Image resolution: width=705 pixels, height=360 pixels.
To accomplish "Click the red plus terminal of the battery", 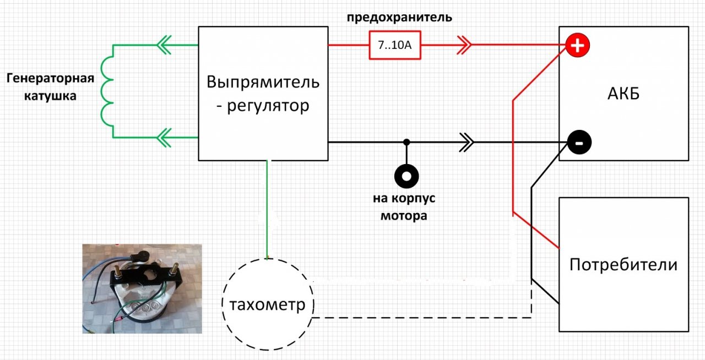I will (x=577, y=46).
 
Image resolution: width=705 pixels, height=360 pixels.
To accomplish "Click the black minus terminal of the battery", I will (x=579, y=143).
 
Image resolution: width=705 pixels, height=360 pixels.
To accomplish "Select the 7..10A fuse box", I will (x=394, y=45).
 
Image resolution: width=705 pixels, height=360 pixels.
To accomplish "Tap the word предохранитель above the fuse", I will (x=399, y=17).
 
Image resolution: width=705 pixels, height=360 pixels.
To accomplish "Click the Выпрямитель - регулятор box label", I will (x=263, y=94).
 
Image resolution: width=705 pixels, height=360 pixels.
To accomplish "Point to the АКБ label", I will (x=623, y=94).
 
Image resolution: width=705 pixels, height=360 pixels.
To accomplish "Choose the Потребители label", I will (x=623, y=265).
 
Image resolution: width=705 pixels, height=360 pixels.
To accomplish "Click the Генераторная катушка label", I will (x=50, y=87).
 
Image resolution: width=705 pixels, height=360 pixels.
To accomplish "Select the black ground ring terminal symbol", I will (x=406, y=176).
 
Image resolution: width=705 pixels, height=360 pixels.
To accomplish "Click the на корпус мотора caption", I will (x=404, y=207).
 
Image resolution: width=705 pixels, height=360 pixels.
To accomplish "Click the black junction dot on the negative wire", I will (x=406, y=143).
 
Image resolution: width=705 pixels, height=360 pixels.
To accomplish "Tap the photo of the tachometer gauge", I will (x=142, y=288).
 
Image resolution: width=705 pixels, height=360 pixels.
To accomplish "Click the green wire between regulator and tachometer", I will (x=268, y=209).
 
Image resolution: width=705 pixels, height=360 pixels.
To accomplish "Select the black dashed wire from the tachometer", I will (x=419, y=318).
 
